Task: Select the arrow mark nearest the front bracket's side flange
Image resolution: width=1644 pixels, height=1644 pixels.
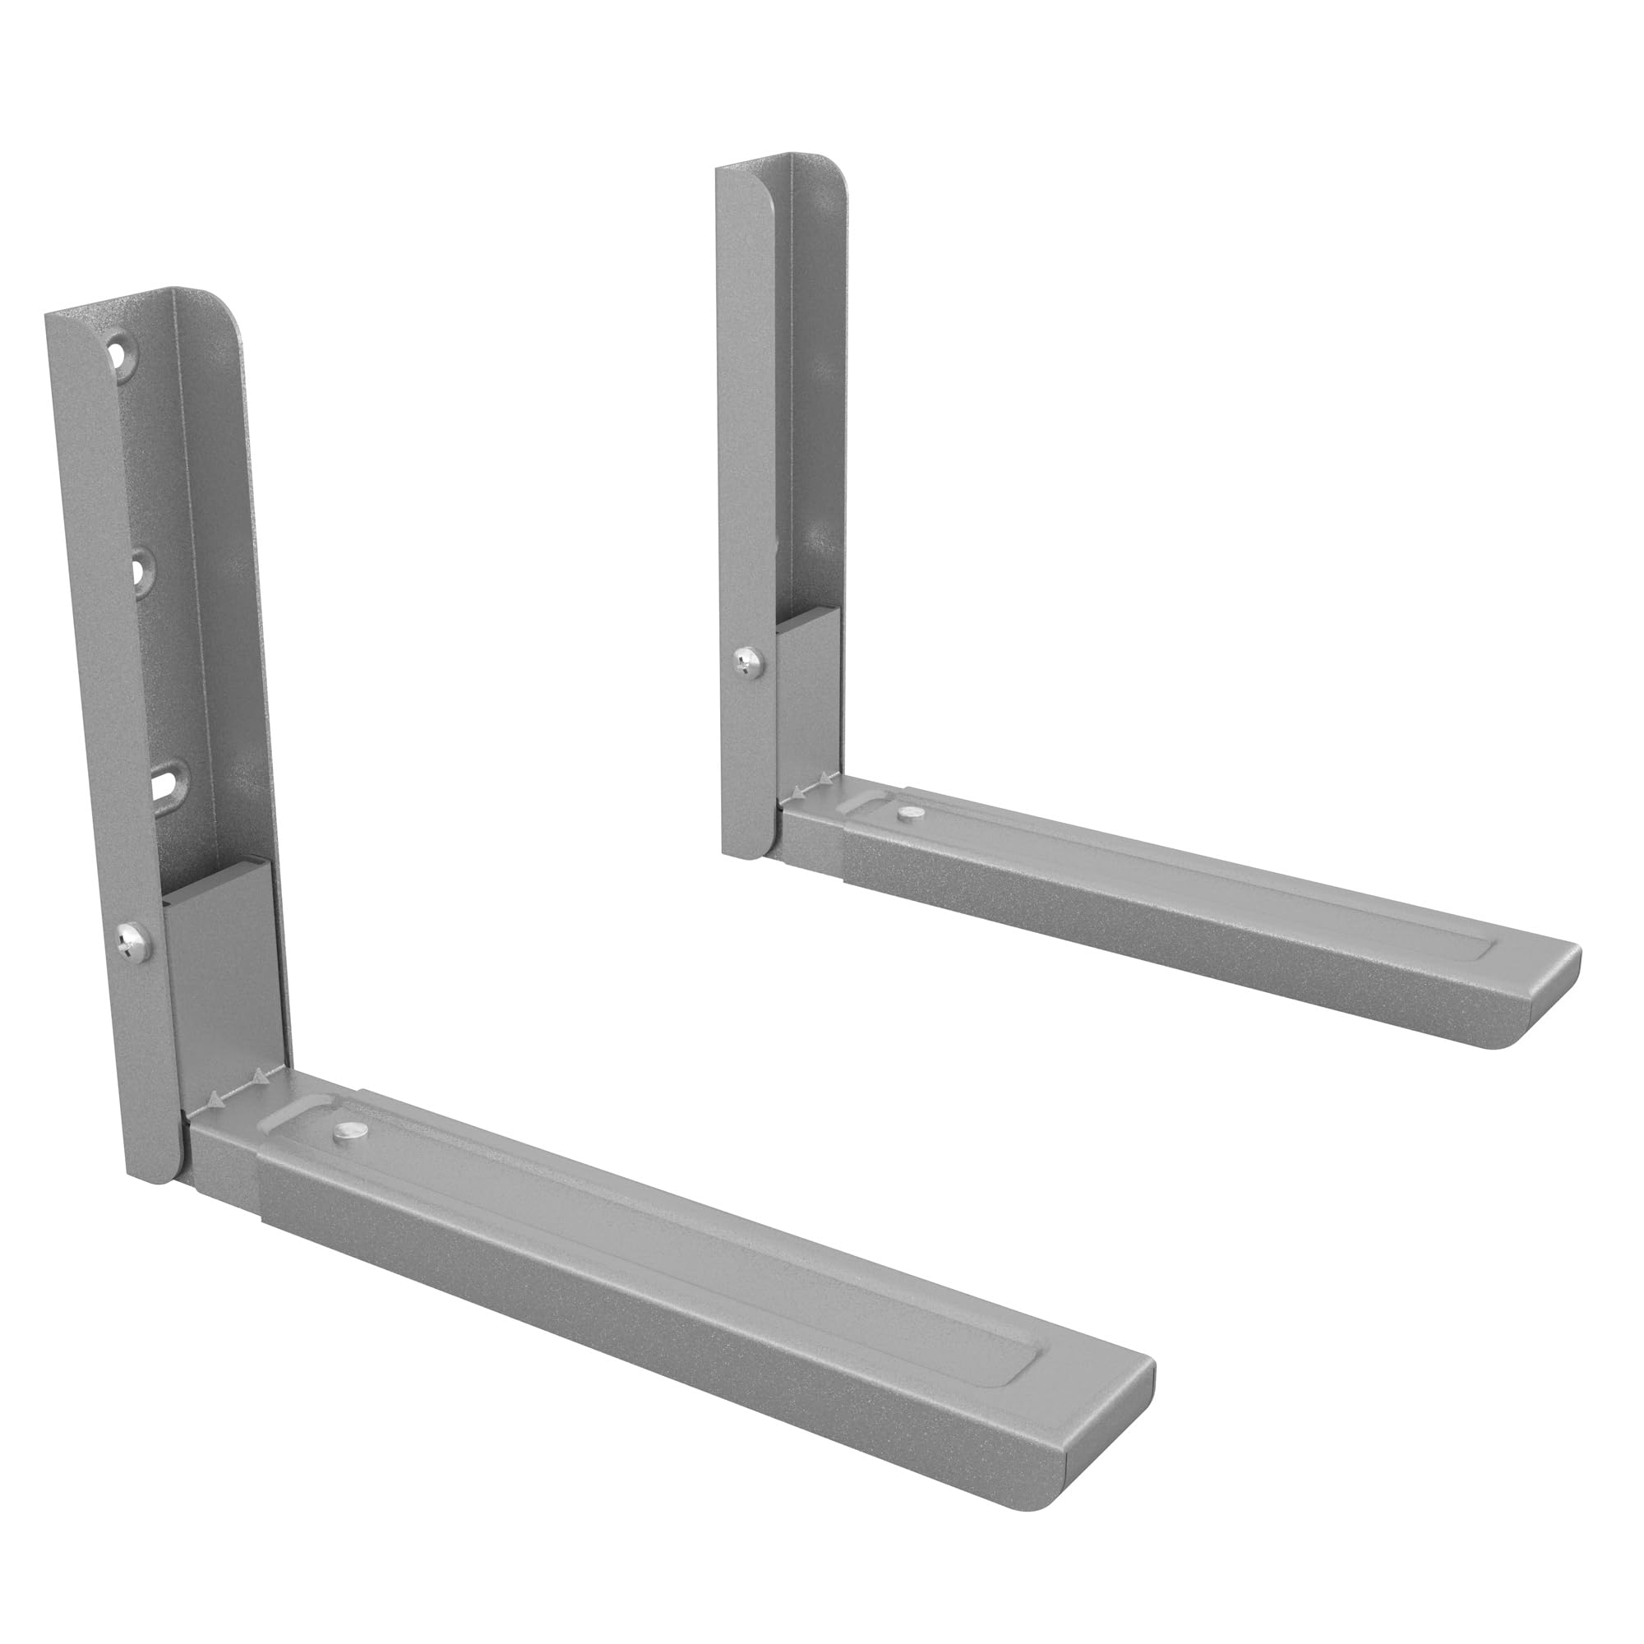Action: [218, 1102]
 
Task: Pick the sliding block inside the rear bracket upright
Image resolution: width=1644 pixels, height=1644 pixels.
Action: [809, 690]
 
